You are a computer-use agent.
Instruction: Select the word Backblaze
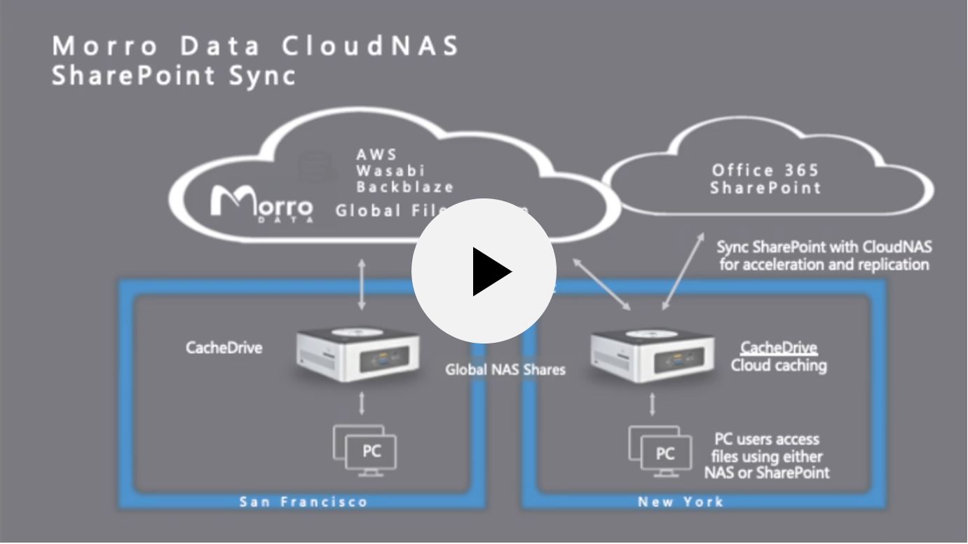pos(404,187)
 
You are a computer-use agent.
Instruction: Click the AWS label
pos(376,154)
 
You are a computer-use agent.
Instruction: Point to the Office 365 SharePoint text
pos(765,179)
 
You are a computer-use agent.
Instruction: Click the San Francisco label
pos(304,502)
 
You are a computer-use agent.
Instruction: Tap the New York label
pos(681,502)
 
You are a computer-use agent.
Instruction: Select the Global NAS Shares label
pos(505,369)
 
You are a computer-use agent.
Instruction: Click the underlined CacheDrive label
pos(779,348)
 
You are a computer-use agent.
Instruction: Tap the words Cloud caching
pos(779,365)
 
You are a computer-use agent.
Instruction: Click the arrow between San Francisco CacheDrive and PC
pos(362,403)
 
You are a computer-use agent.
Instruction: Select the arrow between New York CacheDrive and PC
pos(653,404)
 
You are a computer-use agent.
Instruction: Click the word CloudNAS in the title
pos(371,46)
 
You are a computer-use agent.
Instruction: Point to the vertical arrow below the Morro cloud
pos(362,285)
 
